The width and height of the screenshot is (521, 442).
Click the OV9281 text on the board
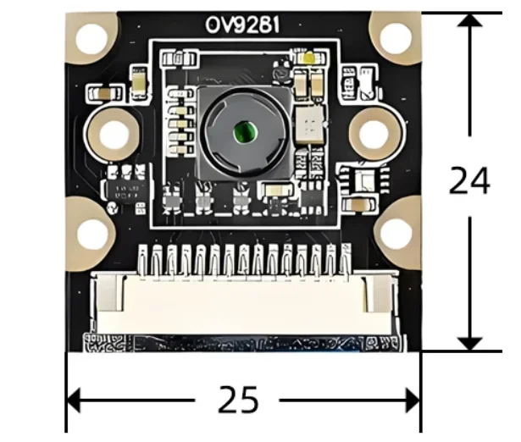pyautogui.click(x=242, y=25)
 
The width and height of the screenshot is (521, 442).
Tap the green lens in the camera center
pyautogui.click(x=246, y=131)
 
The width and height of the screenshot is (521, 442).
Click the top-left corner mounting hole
pyautogui.click(x=92, y=39)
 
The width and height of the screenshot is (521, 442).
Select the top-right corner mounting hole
pyautogui.click(x=396, y=37)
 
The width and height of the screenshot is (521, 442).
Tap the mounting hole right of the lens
pyautogui.click(x=374, y=134)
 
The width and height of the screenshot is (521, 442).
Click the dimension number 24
pyautogui.click(x=469, y=180)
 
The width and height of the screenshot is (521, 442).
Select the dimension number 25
pyautogui.click(x=238, y=400)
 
